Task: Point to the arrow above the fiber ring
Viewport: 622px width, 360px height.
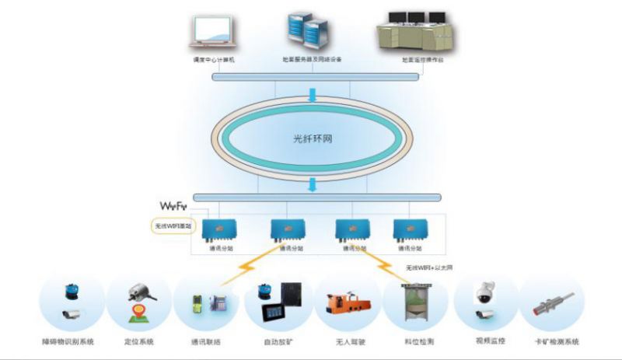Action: [x=312, y=96]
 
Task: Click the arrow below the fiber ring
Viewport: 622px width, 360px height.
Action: [x=312, y=184]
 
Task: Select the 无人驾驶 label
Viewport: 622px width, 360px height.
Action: [x=346, y=341]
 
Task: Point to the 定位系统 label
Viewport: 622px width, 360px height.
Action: [x=141, y=341]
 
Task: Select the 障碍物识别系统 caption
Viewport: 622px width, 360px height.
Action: [x=68, y=341]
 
